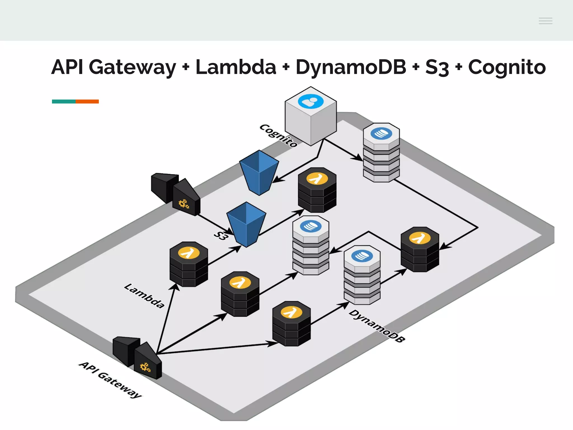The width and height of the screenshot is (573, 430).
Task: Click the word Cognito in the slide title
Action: [507, 67]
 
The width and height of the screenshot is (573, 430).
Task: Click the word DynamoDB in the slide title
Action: [351, 67]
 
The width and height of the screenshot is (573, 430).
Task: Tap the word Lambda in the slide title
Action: [236, 67]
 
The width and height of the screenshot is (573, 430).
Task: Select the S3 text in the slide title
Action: [437, 67]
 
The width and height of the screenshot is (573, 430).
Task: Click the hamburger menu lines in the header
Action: [545, 21]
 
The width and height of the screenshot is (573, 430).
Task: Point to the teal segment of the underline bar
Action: [64, 101]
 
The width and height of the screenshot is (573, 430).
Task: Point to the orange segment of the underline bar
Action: [87, 101]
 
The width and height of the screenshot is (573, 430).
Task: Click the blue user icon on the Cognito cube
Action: [311, 101]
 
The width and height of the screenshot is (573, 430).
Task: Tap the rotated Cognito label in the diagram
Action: [278, 135]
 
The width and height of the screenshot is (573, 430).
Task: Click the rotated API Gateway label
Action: [110, 380]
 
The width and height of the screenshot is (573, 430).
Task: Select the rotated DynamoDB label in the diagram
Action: [377, 326]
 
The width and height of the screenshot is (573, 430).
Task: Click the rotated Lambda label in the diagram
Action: [144, 296]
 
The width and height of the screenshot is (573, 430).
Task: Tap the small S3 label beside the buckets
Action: [221, 235]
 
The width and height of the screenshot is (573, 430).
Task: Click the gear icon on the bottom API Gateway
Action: [145, 367]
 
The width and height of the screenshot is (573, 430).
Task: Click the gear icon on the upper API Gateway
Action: [184, 204]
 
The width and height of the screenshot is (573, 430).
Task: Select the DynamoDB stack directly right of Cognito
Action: [381, 153]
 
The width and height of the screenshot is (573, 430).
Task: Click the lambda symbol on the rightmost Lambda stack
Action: [419, 238]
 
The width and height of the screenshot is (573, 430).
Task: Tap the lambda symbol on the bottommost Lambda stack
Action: [291, 312]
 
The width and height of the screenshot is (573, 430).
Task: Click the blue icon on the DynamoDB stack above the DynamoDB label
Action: [362, 256]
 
